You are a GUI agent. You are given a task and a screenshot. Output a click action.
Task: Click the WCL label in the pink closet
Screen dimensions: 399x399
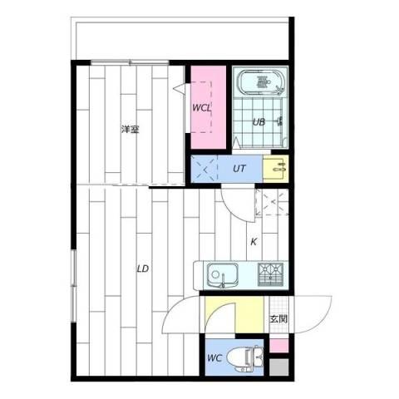201,108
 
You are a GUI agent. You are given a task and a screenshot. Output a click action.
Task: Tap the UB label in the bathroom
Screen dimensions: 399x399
259,122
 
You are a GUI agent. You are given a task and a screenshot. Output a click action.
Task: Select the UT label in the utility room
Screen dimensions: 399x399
239,169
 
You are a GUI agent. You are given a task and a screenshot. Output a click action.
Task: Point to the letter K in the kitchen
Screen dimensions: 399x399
254,242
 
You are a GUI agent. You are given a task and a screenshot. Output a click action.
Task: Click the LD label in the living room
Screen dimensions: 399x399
143,268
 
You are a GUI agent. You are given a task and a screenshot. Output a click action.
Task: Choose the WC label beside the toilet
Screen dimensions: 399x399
214,358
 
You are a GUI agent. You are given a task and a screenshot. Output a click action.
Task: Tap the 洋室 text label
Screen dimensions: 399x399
130,129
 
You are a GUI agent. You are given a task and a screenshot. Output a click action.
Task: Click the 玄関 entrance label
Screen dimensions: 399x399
278,319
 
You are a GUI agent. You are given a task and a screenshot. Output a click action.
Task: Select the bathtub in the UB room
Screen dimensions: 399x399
260,82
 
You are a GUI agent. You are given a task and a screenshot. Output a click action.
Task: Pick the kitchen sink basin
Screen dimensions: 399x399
222,274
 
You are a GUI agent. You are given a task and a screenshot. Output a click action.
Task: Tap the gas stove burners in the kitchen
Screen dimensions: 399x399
270,274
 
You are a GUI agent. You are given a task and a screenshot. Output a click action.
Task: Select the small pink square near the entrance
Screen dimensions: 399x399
279,346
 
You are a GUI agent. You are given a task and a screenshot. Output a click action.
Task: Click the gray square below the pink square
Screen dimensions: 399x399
279,367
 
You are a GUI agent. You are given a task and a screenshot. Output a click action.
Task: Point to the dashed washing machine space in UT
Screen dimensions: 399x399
204,169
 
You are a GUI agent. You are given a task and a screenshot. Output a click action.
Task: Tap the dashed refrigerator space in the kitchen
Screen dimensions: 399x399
272,202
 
